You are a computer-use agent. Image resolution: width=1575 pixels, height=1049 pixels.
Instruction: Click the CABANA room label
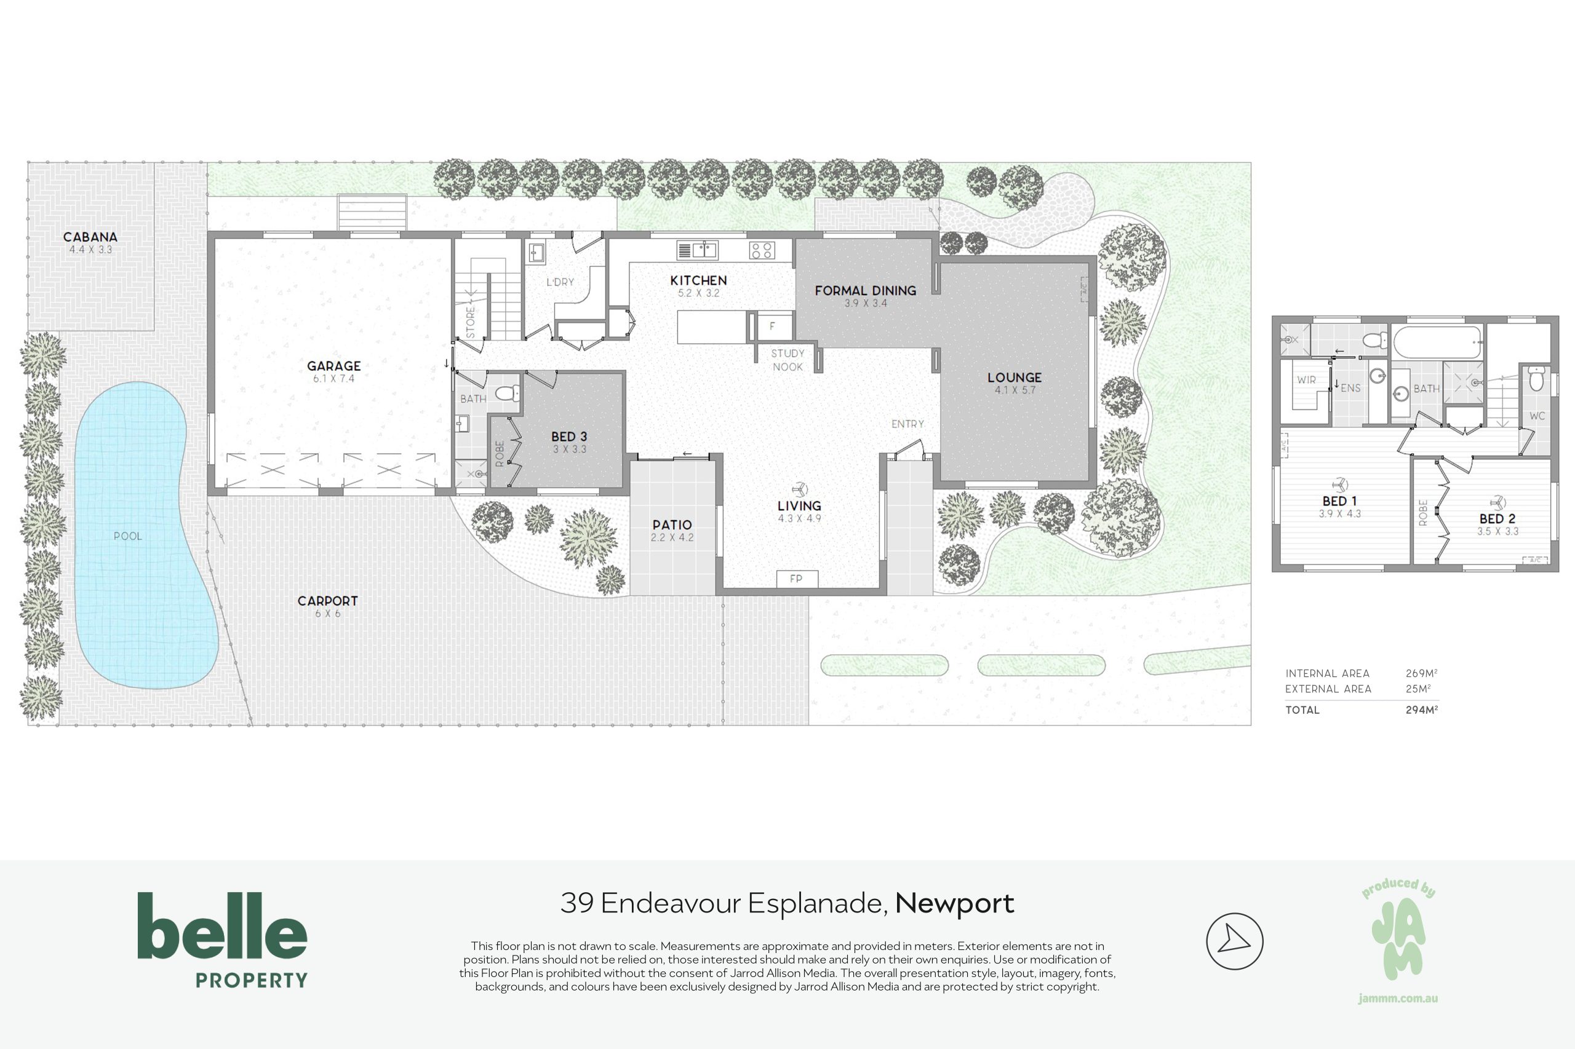90,237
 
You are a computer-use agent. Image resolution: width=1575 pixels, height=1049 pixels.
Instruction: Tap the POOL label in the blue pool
128,536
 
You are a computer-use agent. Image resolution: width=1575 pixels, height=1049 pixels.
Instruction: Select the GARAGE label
334,366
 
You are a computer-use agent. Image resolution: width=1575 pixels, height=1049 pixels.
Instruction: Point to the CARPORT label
327,601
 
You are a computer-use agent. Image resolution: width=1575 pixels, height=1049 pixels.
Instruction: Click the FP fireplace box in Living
797,579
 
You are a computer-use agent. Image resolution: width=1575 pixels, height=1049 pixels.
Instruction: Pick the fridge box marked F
774,327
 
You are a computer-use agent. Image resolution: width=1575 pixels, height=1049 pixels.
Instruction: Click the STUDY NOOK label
788,360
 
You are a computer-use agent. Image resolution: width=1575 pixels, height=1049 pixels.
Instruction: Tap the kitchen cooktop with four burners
762,250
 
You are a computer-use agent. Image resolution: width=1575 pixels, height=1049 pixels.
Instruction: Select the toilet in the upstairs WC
1536,380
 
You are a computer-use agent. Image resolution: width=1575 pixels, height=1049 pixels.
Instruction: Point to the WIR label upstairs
1306,380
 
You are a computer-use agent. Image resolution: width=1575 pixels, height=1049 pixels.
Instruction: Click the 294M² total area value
1422,710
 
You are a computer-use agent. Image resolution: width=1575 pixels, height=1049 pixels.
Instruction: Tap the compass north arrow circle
1234,941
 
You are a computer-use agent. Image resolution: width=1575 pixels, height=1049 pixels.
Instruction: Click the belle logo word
222,926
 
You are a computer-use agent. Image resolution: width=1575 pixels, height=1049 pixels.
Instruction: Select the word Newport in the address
954,904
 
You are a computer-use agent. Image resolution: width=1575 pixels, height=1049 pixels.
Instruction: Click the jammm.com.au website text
1398,999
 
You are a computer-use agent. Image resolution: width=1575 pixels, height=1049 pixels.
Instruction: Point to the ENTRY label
907,424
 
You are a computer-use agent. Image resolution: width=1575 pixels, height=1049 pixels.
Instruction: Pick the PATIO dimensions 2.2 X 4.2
672,537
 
